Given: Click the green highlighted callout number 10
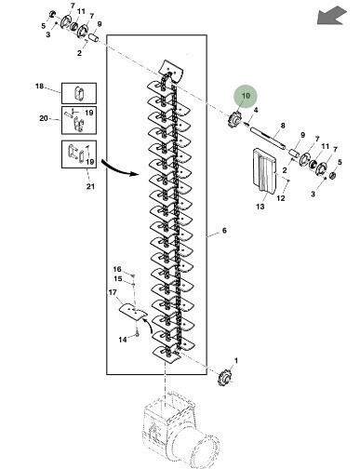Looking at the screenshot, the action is tap(246, 96).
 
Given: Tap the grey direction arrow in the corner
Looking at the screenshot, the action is tap(331, 16).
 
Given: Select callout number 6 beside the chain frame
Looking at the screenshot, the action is tap(224, 231).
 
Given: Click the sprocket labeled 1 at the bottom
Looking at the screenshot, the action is tap(224, 377).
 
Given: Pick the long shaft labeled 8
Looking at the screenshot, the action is tap(268, 138).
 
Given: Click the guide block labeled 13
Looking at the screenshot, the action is tap(264, 170).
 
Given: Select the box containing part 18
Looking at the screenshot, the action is tap(79, 93).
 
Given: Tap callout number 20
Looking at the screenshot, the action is tap(44, 118).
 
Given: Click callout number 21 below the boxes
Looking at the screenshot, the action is tap(90, 186).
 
